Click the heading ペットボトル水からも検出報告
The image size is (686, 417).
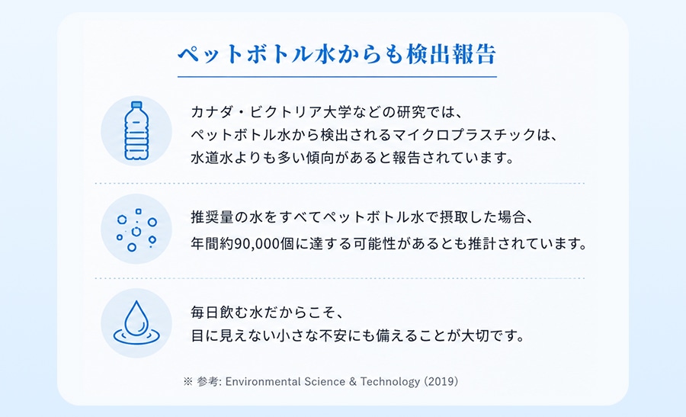coord(337,54)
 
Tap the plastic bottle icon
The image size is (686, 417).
coord(136,131)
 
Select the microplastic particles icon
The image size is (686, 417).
coord(136,229)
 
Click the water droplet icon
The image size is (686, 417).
coord(136,322)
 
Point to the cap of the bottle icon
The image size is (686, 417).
coord(136,105)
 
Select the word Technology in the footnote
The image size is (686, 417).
coord(389,382)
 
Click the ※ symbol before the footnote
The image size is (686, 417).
coord(188,382)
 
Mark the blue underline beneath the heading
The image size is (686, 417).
coord(337,77)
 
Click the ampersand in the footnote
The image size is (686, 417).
coord(353,382)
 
